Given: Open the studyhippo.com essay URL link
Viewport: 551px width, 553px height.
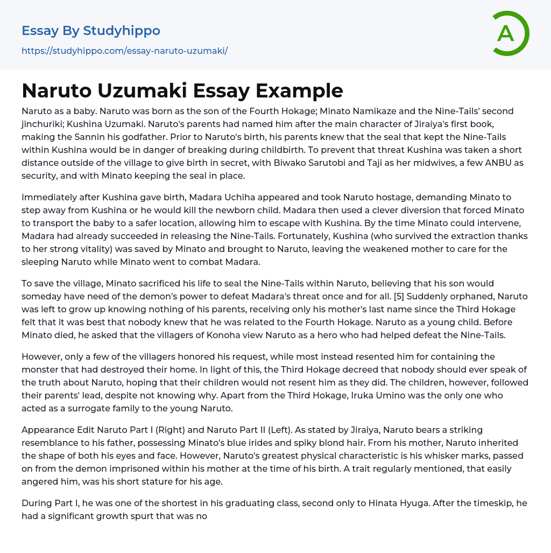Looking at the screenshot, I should (124, 51).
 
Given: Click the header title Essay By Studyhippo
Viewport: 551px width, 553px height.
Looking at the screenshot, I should (91, 31).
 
